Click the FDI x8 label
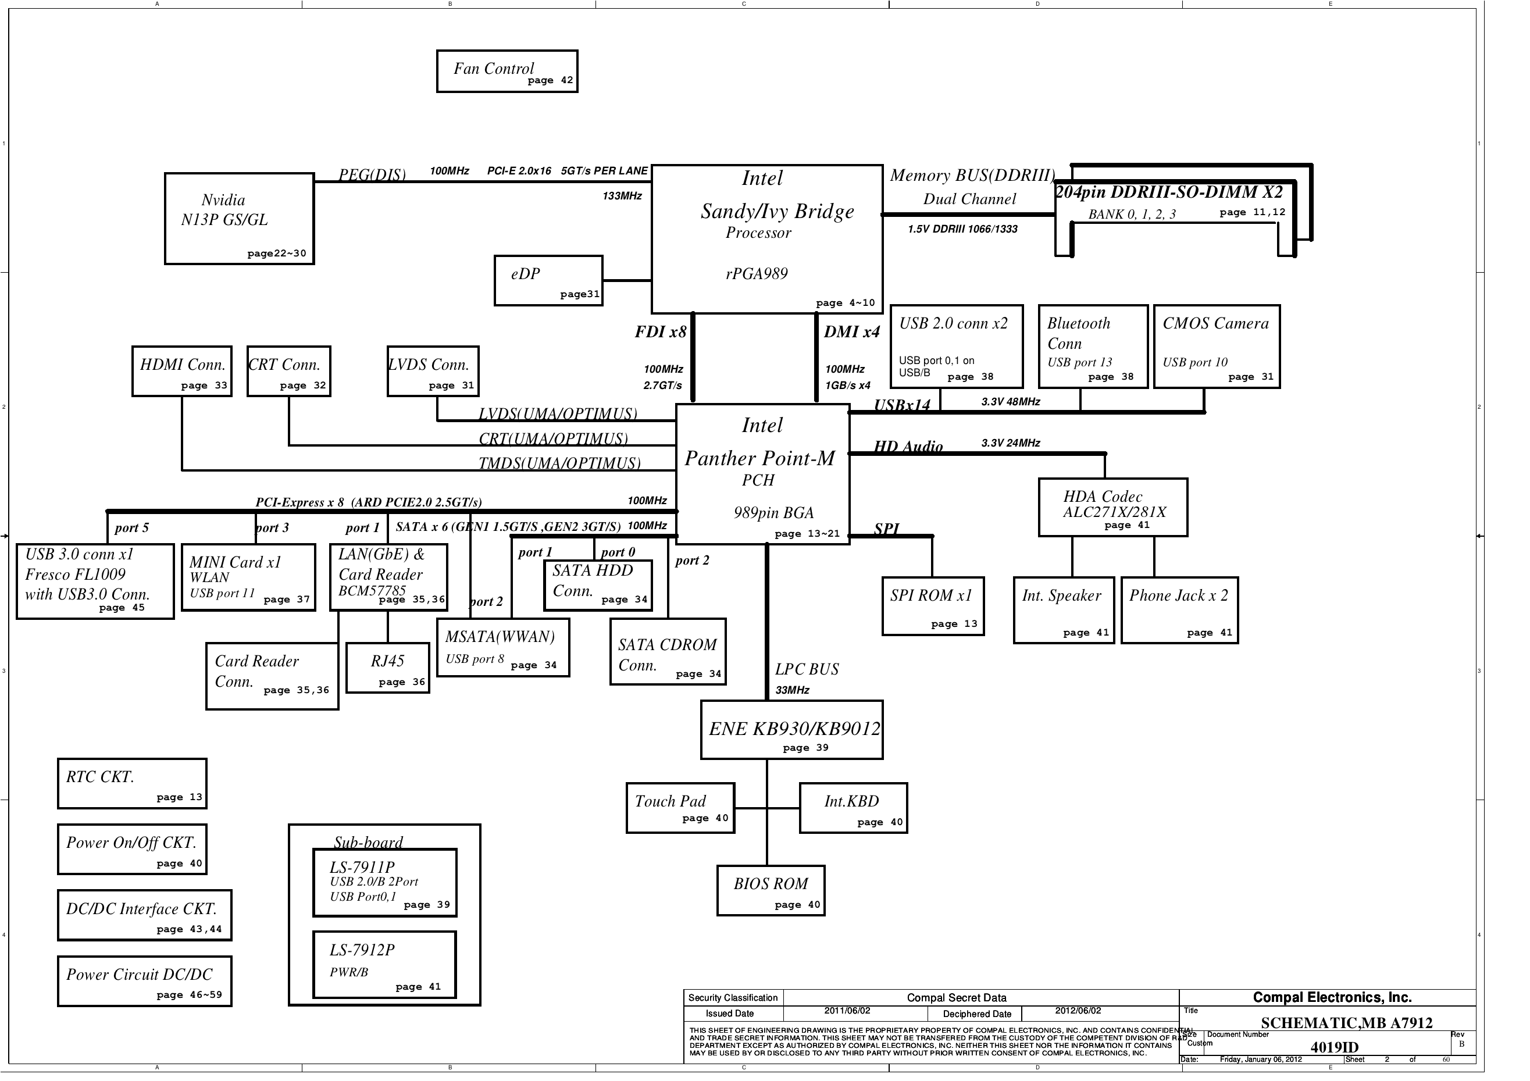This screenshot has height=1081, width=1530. (661, 332)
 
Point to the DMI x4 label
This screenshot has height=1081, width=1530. (851, 332)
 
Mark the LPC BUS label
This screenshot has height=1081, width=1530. (807, 669)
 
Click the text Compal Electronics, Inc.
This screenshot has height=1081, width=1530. (1332, 998)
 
